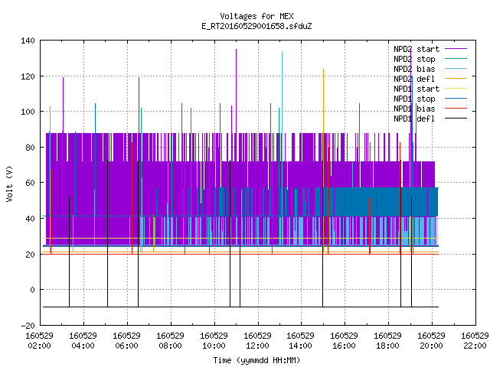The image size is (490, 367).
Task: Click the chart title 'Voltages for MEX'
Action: coord(256,16)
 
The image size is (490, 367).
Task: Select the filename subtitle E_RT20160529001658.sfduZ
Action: coord(256,26)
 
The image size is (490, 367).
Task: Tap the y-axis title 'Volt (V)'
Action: coord(9,183)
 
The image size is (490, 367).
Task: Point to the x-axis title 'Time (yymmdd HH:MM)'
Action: coord(256,360)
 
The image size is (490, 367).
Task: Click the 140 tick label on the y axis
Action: coord(28,41)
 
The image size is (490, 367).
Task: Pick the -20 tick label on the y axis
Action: coord(28,326)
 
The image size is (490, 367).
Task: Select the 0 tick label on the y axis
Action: coord(32,290)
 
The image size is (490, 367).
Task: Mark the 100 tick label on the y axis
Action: coord(28,112)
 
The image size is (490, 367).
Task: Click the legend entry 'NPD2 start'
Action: coord(416,49)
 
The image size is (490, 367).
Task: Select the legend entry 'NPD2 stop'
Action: coord(414,59)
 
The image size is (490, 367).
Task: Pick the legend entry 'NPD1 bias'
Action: coord(414,109)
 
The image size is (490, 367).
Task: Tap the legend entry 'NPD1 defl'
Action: coord(414,119)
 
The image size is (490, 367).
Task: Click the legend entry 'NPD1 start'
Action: coord(416,89)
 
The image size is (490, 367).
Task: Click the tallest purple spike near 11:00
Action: coord(237,90)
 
